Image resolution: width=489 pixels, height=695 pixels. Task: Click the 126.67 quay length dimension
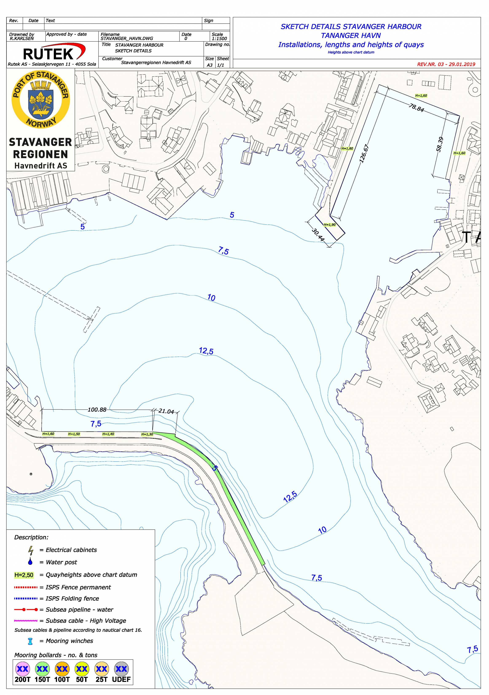click(364, 154)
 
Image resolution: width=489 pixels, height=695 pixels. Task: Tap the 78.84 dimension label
click(416, 108)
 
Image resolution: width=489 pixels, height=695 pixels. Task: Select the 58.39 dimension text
click(440, 145)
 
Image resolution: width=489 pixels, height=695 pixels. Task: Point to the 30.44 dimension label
click(318, 235)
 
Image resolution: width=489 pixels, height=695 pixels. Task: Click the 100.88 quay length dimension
click(97, 410)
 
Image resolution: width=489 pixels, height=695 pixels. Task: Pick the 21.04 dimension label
click(166, 411)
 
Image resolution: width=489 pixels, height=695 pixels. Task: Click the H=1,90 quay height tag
click(329, 225)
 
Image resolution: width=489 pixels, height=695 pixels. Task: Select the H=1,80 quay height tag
click(347, 149)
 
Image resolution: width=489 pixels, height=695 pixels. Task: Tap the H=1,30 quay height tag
click(147, 434)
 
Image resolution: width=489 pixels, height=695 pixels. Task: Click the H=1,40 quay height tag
click(108, 434)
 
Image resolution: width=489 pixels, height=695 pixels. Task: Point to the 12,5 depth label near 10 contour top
click(206, 351)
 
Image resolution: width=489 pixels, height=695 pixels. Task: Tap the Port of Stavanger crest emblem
click(40, 99)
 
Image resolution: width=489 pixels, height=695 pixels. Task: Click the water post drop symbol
click(30, 562)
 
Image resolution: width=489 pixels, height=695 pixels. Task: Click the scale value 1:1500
click(219, 38)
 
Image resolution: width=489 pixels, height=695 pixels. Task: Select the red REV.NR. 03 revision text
click(446, 64)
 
